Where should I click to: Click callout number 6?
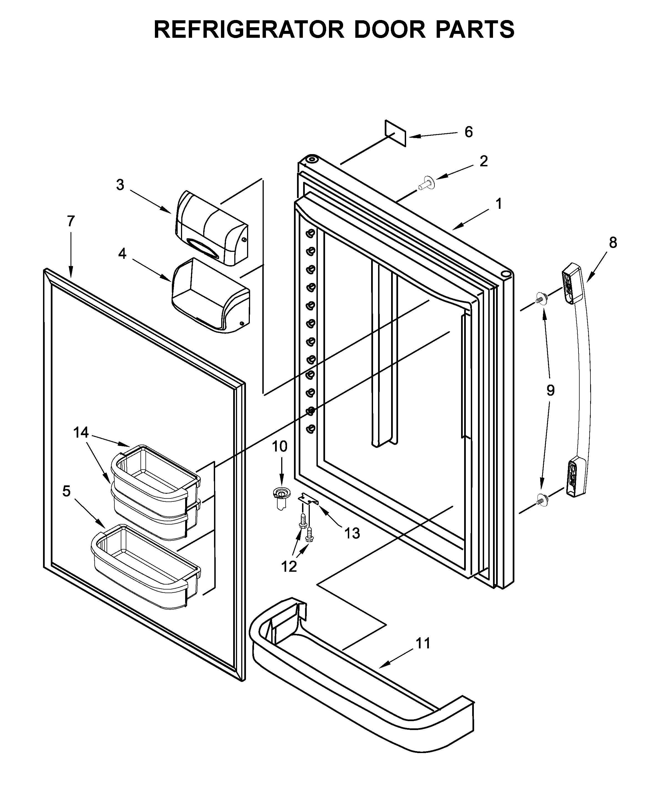(468, 132)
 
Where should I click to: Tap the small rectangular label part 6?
(395, 133)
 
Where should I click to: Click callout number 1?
(498, 204)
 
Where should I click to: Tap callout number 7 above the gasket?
(71, 221)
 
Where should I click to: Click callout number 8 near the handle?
(613, 243)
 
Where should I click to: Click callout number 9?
(550, 391)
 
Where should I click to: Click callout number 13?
(352, 533)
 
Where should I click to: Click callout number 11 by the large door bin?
(423, 643)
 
